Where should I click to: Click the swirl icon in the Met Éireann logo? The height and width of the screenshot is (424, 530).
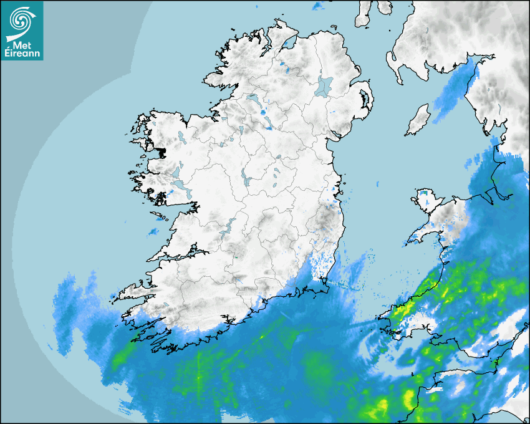22,19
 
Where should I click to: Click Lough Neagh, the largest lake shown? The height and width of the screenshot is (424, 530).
324,85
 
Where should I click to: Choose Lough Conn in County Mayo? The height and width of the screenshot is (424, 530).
180,135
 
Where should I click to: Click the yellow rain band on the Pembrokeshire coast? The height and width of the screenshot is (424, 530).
405,309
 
